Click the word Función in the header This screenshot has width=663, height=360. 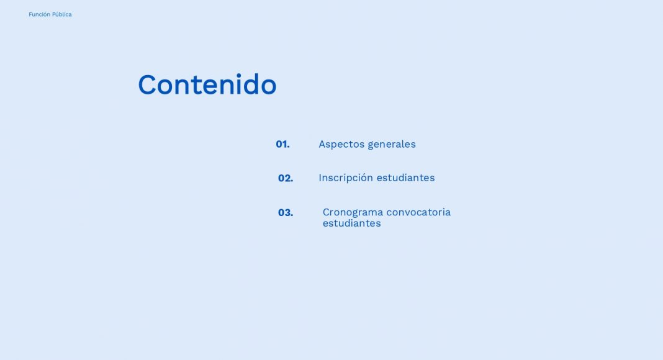39,14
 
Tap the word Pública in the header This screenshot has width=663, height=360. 61,14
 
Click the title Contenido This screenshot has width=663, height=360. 207,84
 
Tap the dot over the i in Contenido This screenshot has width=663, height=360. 239,74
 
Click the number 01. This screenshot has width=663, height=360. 283,144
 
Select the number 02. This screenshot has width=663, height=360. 286,178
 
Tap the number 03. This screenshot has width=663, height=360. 286,212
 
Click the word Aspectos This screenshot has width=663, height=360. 341,145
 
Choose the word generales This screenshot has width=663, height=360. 392,145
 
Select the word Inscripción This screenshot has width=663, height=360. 346,178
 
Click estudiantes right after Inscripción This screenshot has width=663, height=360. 405,178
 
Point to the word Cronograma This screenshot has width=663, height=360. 353,212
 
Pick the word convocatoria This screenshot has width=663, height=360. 418,212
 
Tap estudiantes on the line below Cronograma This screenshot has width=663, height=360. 352,223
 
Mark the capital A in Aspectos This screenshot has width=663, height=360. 322,144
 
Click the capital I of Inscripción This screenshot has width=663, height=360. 320,178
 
